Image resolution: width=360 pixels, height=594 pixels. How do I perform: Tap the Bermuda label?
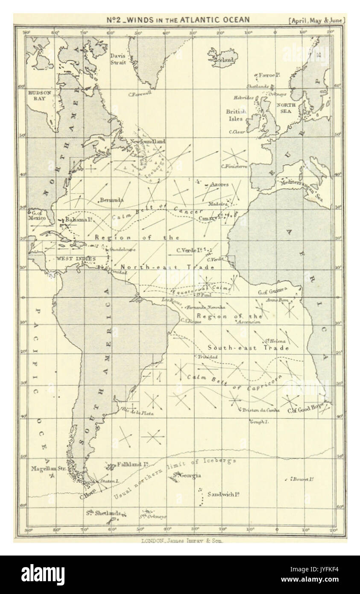click(x=111, y=200)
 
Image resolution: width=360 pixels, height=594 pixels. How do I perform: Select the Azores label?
click(x=219, y=185)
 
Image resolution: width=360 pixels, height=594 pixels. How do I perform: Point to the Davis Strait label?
click(x=118, y=59)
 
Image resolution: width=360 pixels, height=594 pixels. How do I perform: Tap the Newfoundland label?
click(x=148, y=141)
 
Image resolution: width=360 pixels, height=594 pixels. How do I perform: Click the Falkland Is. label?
click(x=134, y=464)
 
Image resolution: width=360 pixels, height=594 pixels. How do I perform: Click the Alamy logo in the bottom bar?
click(x=43, y=575)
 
